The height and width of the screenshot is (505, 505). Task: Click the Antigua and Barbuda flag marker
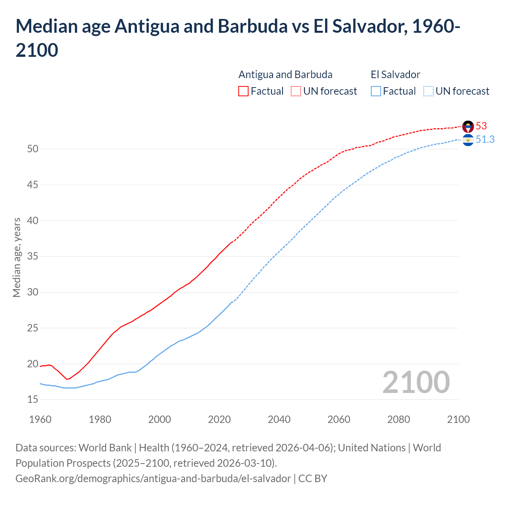[x=468, y=127]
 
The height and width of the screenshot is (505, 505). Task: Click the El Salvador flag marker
[x=468, y=140]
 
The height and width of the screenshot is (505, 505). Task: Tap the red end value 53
[x=481, y=126]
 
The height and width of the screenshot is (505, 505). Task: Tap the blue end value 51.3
[x=485, y=139]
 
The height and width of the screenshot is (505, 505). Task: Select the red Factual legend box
[x=243, y=91]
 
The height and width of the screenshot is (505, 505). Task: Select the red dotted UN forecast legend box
[x=296, y=91]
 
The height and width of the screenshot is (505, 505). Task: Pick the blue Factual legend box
[x=376, y=91]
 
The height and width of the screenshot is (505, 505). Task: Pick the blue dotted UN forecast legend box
[x=428, y=91]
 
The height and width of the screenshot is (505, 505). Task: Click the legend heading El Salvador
[x=395, y=75]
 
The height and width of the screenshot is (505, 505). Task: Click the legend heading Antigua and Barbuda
[x=285, y=75]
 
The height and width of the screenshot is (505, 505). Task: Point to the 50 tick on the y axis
[x=33, y=149]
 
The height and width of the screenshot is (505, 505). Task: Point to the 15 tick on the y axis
[x=33, y=400]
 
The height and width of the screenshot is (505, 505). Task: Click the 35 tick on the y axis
[x=33, y=256]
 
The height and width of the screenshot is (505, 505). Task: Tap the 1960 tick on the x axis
[x=40, y=419]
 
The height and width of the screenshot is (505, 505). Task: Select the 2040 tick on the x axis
[x=279, y=419]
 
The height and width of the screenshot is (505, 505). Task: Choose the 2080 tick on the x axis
[x=398, y=419]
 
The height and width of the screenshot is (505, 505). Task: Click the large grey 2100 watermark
[x=416, y=382]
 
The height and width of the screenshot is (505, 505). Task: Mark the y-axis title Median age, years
[x=17, y=257]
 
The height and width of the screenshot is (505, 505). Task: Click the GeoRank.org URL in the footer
[x=153, y=479]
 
